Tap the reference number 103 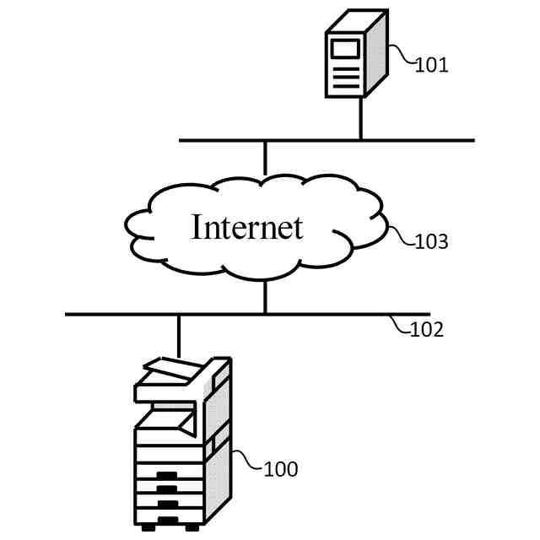pyautogui.click(x=431, y=242)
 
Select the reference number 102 pyautogui.click(x=426, y=330)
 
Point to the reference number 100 pyautogui.click(x=281, y=469)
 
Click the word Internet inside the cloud pyautogui.click(x=246, y=227)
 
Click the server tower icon pyautogui.click(x=356, y=53)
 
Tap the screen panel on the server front pyautogui.click(x=344, y=47)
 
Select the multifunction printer pyautogui.click(x=181, y=443)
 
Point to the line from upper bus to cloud pyautogui.click(x=265, y=158)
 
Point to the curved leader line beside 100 pyautogui.click(x=247, y=460)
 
